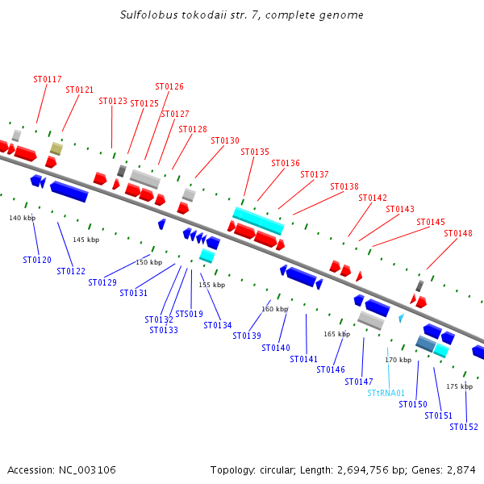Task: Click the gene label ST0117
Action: point(47,79)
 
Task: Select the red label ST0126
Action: point(169,86)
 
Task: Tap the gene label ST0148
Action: point(458,233)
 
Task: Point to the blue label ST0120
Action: point(37,260)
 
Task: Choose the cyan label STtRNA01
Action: point(386,394)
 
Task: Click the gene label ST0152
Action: point(464,427)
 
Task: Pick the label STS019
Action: point(190,314)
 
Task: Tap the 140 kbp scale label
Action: point(23,218)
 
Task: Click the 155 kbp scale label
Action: point(213,286)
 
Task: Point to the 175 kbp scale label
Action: point(459,386)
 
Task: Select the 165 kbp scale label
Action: point(336,333)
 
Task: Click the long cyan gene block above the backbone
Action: point(258,220)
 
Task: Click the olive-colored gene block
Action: point(56,148)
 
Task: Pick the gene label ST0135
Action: point(255,152)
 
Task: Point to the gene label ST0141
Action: point(304,359)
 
